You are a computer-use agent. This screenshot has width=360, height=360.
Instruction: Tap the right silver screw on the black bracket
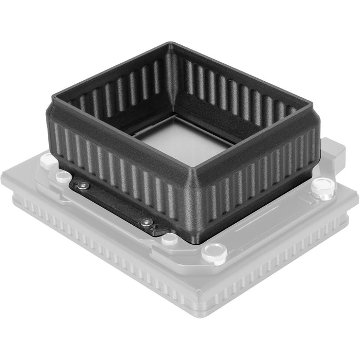(x=148, y=222)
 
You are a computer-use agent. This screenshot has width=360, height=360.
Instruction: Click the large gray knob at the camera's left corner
(x=47, y=159)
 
